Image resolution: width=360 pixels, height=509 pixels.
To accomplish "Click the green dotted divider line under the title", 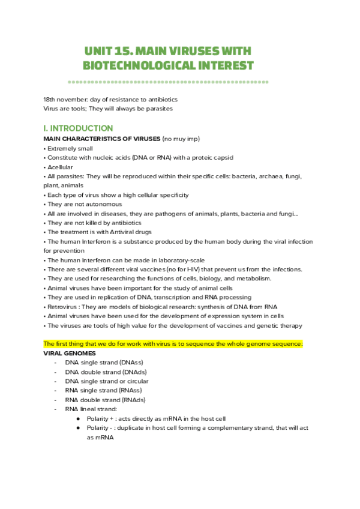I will [168, 82].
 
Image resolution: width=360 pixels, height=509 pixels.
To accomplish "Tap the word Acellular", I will [60, 167].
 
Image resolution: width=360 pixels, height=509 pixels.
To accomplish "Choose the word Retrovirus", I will [63, 307].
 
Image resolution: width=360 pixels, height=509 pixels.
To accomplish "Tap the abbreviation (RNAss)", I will [128, 391].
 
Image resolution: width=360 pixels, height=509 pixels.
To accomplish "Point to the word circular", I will [136, 381].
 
